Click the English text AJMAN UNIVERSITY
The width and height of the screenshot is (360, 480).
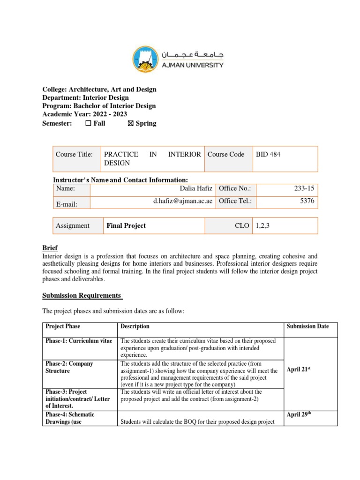tap(192, 65)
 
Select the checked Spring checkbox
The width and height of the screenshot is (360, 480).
tap(130, 124)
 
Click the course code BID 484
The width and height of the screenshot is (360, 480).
tap(268, 154)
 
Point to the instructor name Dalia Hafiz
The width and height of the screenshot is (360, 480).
tap(196, 188)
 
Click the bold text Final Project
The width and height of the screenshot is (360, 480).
tap(126, 225)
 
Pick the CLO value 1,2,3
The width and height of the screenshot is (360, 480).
tap(262, 225)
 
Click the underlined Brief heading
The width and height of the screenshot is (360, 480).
tap(50, 247)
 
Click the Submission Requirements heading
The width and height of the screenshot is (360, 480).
tap(82, 295)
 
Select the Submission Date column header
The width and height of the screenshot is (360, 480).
tap(307, 326)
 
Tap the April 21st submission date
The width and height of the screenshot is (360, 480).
tap(300, 369)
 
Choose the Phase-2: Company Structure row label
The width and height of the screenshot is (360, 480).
tap(69, 367)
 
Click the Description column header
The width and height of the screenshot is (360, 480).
tap(135, 326)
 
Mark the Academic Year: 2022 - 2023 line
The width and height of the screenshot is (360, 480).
tap(84, 114)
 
